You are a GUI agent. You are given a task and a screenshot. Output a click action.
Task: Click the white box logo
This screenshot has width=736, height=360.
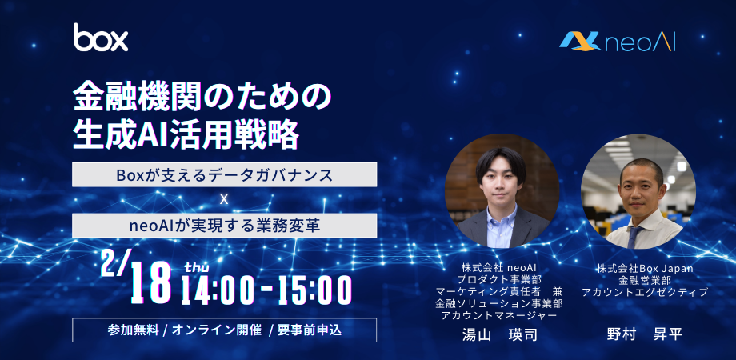click(x=101, y=37)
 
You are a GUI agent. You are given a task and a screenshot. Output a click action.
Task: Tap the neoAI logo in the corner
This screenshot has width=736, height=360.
click(x=618, y=42)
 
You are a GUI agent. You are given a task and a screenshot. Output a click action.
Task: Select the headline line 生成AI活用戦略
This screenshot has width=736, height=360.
click(x=186, y=134)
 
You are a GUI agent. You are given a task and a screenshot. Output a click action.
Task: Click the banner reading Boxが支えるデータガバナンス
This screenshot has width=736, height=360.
click(x=224, y=174)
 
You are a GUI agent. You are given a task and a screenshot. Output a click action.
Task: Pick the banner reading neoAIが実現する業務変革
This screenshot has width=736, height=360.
click(x=224, y=226)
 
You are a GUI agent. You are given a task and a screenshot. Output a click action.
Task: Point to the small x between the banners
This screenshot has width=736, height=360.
click(x=224, y=199)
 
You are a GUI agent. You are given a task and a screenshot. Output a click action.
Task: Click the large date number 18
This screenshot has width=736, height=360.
click(x=150, y=282)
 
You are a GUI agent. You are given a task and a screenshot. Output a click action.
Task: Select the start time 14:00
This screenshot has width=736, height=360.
click(x=215, y=290)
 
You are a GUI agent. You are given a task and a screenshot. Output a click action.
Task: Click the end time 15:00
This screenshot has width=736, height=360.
click(x=314, y=290)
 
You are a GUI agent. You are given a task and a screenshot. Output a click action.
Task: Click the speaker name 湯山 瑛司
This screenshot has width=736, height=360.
click(x=499, y=334)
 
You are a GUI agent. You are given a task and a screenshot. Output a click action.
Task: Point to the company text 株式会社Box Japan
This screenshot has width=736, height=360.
click(x=645, y=269)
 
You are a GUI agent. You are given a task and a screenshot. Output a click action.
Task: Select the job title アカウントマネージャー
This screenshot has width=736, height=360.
click(x=499, y=315)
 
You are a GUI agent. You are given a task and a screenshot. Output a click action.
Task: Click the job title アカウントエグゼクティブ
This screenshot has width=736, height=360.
click(x=645, y=292)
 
